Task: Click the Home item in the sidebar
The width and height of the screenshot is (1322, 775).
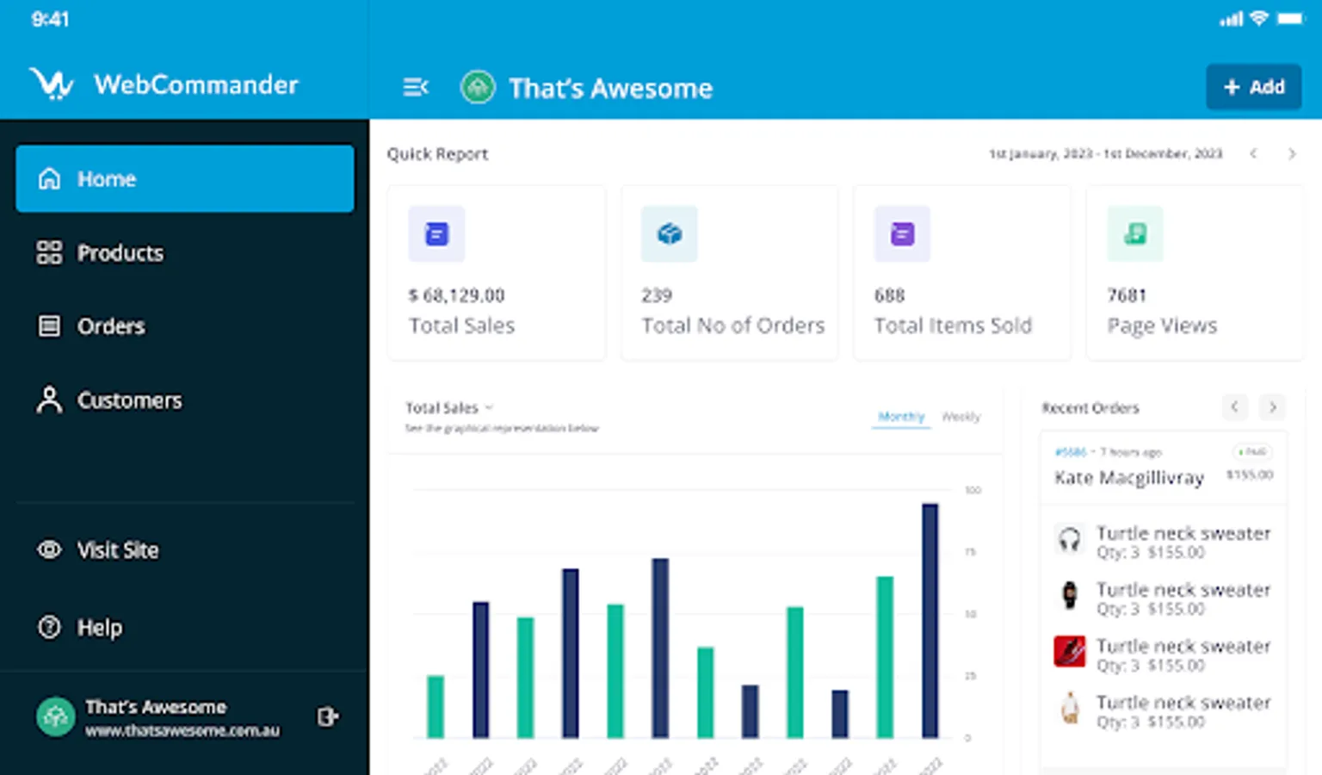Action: [184, 179]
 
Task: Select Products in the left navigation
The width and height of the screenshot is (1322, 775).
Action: [120, 253]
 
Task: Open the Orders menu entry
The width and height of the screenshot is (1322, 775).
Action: [110, 326]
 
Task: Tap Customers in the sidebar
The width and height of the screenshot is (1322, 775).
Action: [129, 400]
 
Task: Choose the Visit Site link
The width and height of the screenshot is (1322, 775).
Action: [117, 550]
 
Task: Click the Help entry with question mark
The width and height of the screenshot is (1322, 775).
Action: [99, 628]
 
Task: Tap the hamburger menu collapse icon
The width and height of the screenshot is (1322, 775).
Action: [416, 87]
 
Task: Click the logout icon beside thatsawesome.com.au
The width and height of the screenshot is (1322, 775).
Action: [328, 716]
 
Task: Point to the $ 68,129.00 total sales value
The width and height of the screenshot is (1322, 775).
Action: [457, 295]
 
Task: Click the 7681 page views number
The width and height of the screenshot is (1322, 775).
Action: [1127, 295]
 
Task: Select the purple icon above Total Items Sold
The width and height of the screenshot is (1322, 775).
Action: [902, 233]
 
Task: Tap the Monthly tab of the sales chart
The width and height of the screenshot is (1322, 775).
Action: [901, 417]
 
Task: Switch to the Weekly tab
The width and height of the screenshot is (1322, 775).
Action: [961, 417]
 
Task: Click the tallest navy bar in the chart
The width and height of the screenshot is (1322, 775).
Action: [930, 620]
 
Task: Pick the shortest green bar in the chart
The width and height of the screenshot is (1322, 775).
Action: [436, 706]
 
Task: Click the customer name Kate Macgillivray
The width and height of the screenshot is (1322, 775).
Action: [1128, 478]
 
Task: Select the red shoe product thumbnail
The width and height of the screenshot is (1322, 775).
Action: [1070, 651]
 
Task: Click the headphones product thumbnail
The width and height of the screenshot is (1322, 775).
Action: [1070, 540]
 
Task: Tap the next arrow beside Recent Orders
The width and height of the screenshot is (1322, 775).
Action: [1272, 406]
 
